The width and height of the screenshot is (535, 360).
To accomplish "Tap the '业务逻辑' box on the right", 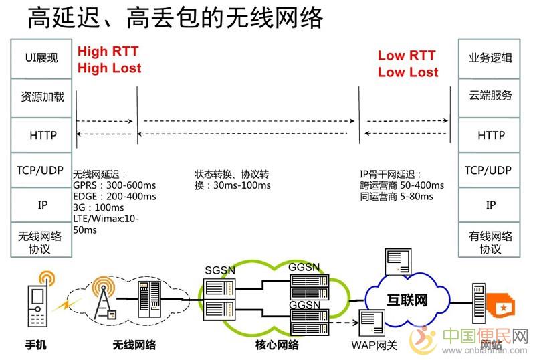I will tap(491, 58).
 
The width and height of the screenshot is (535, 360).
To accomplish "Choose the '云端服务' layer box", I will tap(491, 96).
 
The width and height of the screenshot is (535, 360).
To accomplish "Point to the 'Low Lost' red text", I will tap(408, 72).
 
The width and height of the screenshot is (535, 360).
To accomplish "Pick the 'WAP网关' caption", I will tap(374, 345).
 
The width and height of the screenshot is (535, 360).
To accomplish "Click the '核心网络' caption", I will tap(276, 345).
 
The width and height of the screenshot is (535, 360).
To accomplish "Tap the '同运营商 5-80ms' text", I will tap(397, 197).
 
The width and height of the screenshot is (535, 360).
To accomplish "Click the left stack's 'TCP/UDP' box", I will tap(39, 171).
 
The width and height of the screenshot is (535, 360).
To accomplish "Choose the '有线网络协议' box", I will tap(491, 242).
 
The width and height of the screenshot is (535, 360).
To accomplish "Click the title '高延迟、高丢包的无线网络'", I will tap(175, 18).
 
